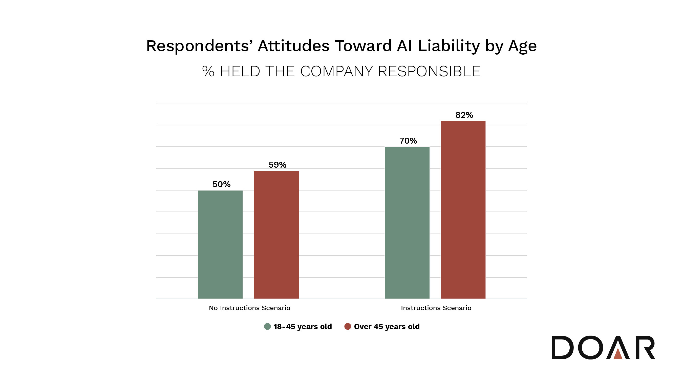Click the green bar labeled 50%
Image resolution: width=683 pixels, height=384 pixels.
click(x=220, y=244)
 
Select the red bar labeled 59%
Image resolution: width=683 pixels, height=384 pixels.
click(x=276, y=235)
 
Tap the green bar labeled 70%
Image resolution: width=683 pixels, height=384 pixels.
click(x=407, y=223)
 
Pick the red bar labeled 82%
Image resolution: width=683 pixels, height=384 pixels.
click(x=463, y=210)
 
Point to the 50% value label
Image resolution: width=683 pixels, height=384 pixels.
click(x=221, y=184)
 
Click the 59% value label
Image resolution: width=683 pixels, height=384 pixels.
click(x=277, y=165)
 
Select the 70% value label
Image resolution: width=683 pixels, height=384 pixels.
click(x=408, y=141)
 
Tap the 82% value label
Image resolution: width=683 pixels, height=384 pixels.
click(x=464, y=115)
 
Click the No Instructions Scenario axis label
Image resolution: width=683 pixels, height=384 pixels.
click(x=249, y=308)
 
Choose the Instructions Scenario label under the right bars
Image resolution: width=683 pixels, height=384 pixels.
click(x=436, y=308)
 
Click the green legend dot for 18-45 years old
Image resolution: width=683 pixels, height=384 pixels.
click(x=267, y=327)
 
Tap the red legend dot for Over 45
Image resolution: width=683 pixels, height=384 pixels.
click(x=348, y=327)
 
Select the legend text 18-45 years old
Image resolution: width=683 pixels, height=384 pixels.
click(x=303, y=327)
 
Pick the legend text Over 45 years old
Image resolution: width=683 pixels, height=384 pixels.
click(x=387, y=327)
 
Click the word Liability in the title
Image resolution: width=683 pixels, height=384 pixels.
click(x=449, y=46)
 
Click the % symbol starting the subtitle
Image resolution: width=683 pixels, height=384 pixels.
click(x=208, y=72)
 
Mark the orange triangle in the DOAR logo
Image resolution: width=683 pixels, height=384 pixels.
click(x=618, y=354)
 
